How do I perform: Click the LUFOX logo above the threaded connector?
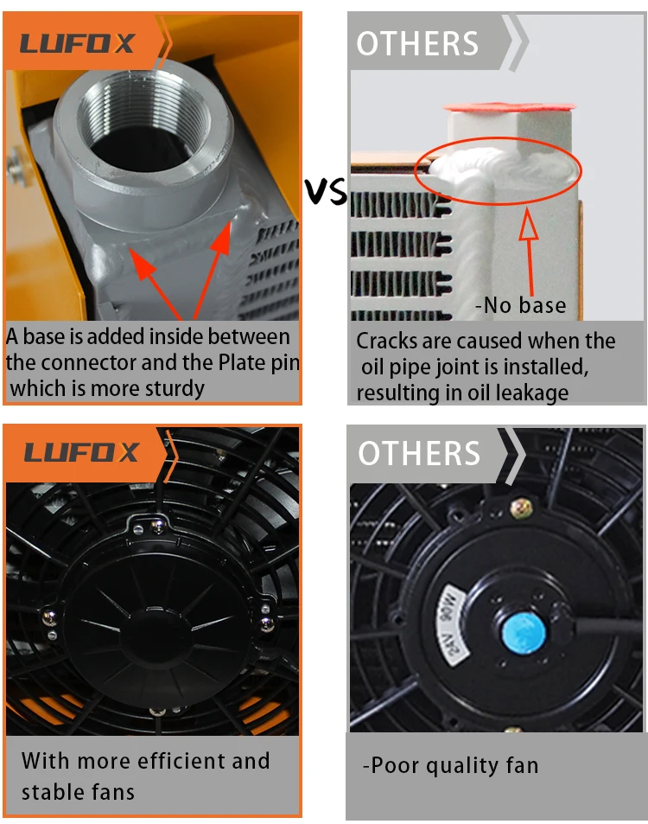[78, 43]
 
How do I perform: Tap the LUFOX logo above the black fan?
[81, 452]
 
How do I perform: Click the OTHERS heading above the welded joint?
[417, 44]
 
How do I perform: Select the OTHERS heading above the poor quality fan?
[419, 453]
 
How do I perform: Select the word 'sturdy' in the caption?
[172, 388]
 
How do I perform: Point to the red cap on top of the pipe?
[510, 107]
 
